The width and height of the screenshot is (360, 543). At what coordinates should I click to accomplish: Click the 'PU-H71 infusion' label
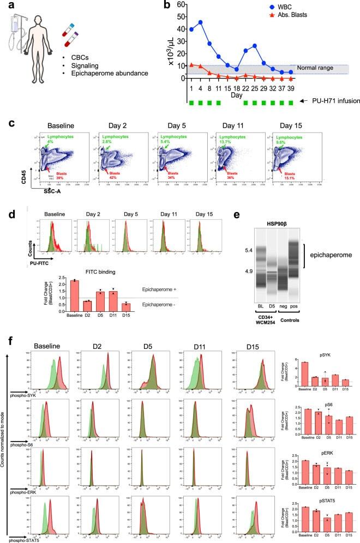pos(332,101)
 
